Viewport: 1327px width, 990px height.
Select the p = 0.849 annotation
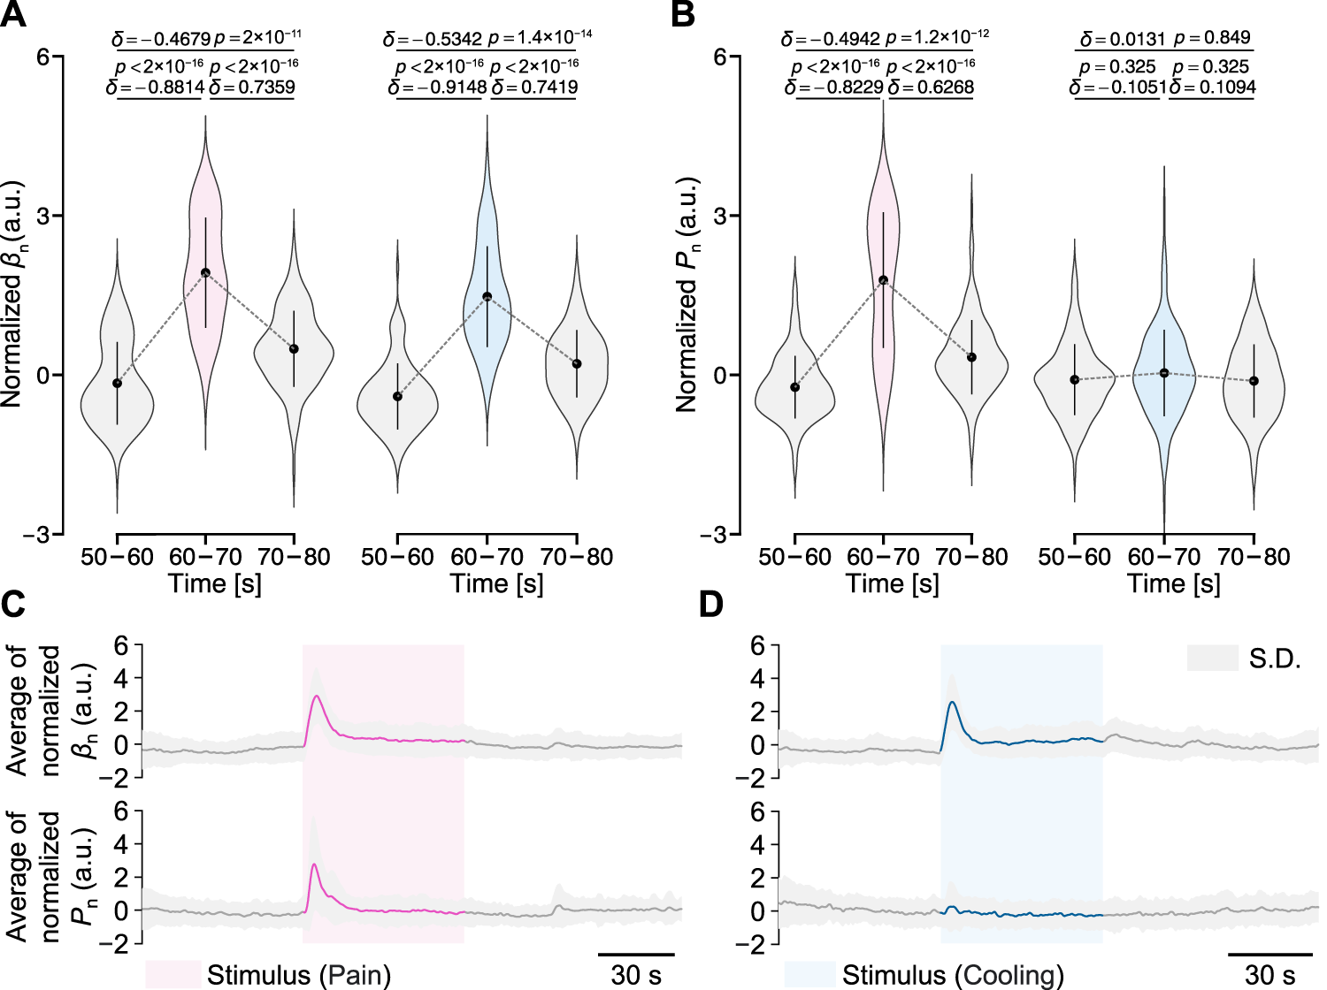1212,38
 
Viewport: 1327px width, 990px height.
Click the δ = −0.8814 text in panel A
156,88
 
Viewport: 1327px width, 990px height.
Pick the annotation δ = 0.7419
534,88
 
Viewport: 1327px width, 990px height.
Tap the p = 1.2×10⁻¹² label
937,37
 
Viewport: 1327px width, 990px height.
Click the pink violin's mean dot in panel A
205,273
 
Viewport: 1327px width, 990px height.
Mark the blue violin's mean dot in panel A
487,297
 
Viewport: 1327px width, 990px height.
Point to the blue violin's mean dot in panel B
1164,373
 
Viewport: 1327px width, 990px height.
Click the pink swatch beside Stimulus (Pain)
173,974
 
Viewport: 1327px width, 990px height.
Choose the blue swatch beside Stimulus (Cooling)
809,974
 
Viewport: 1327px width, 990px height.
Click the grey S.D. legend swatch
1212,658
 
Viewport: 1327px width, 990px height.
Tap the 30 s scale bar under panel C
636,956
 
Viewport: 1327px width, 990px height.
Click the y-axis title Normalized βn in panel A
12,295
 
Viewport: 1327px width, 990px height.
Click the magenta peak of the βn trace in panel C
317,697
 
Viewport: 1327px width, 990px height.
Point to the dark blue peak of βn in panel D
952,703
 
